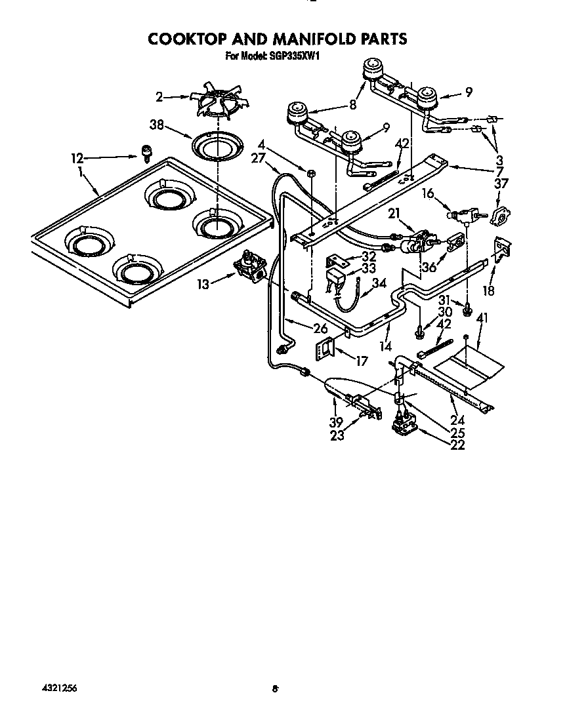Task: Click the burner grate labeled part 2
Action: click(x=216, y=102)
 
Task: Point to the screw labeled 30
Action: click(x=419, y=334)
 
